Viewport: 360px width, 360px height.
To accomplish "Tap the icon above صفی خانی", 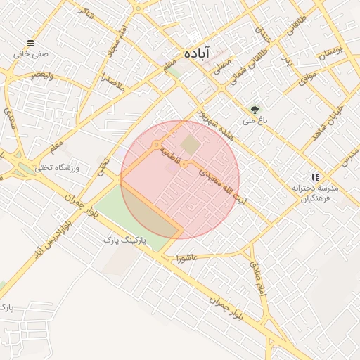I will tap(30, 43).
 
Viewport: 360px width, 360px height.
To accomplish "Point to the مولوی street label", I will tap(307, 77).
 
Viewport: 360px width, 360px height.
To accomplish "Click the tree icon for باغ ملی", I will tap(255, 110).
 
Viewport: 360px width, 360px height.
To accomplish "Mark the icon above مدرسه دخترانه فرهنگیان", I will tap(315, 177).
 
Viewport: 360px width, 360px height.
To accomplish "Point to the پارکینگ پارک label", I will tap(124, 240).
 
